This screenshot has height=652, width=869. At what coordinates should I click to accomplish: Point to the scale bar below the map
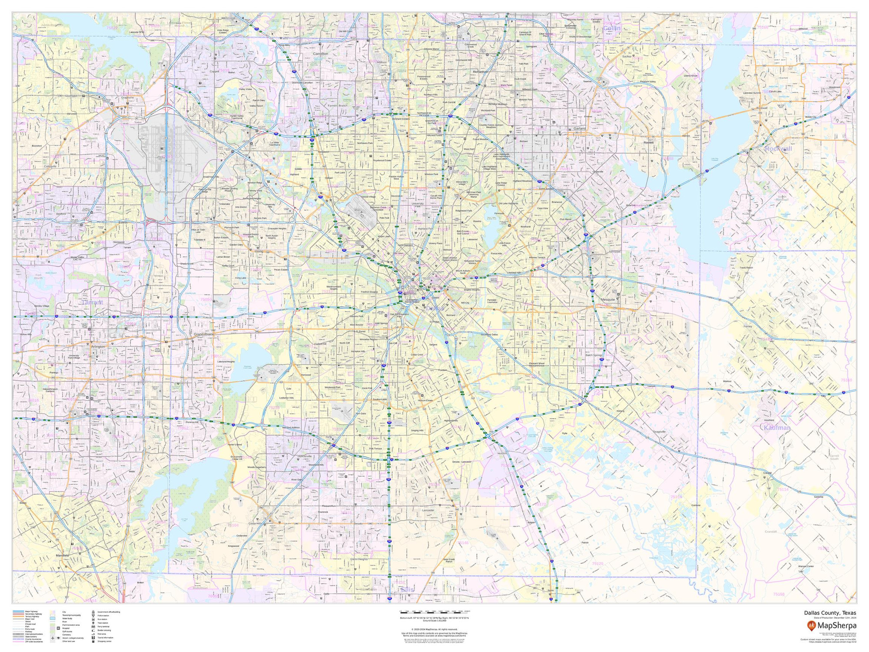434,613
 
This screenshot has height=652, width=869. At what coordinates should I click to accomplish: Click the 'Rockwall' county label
778,149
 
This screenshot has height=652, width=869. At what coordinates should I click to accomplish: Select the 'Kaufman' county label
777,428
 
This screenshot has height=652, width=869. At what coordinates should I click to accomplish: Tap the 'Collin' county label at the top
612,28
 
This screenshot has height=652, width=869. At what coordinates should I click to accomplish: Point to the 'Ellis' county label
407,589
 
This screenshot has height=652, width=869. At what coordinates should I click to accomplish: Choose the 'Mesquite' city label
608,299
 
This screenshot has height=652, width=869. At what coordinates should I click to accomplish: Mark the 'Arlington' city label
98,347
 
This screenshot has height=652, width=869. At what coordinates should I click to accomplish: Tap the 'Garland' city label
580,129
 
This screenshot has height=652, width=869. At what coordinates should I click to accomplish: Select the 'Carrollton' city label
321,54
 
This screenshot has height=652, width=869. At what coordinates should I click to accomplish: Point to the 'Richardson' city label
481,71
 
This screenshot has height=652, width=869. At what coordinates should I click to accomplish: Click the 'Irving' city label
259,251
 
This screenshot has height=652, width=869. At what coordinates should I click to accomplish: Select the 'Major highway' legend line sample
19,612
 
